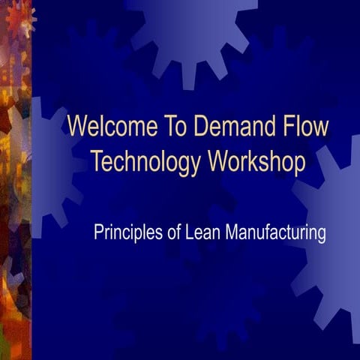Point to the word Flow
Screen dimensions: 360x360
pyautogui.click(x=303, y=126)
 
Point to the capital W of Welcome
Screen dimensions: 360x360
pyautogui.click(x=77, y=126)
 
